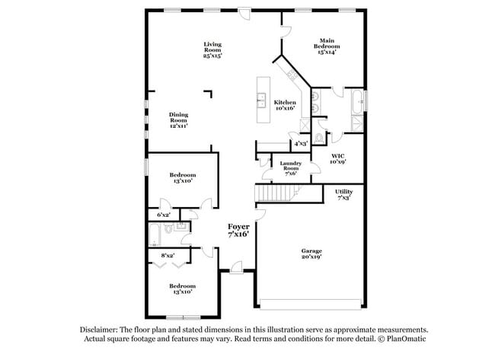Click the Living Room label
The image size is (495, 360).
point(212,49)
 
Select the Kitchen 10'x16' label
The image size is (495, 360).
point(285,105)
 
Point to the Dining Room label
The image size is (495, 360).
point(178,119)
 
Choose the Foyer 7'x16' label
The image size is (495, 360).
point(238,231)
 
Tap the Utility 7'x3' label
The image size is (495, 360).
point(343,194)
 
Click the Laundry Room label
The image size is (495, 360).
point(291,169)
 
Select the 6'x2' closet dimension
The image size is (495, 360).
point(164,215)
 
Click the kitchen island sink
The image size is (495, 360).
point(260,97)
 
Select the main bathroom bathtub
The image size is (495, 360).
point(356,101)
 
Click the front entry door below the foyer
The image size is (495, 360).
point(238,267)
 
